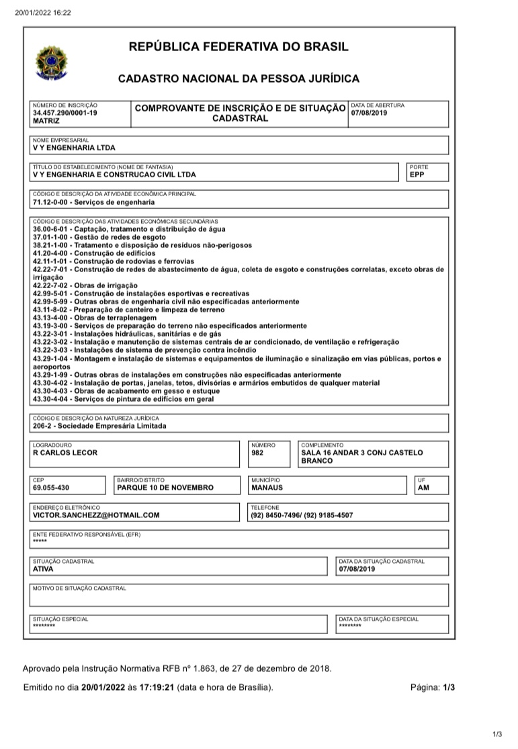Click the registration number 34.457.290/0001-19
pos(65,113)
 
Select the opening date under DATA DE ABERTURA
pos(370,113)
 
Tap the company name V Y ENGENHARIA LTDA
pos(74,148)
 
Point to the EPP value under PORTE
pos(417,175)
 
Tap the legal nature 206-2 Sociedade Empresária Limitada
pos(99,425)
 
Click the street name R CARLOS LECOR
pos(65,453)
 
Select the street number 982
pos(257,453)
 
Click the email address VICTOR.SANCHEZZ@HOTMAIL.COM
pos(96,515)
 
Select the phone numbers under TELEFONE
pos(302,515)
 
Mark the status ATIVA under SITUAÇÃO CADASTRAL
pos(42,569)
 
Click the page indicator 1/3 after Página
pos(449,688)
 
